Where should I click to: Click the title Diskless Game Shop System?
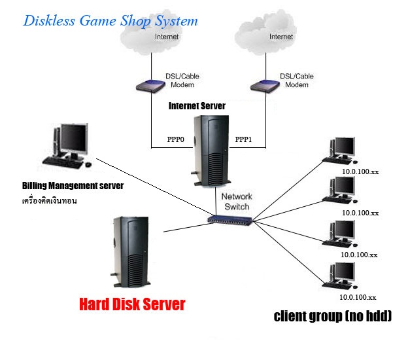(110, 20)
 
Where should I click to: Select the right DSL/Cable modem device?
(265, 86)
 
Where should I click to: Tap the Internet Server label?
(197, 105)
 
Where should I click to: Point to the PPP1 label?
(245, 139)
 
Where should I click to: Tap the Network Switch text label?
(236, 201)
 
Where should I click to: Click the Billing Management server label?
(73, 187)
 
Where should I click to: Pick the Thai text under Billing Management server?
(49, 200)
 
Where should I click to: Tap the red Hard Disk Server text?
(132, 304)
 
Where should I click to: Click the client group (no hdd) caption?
(333, 317)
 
